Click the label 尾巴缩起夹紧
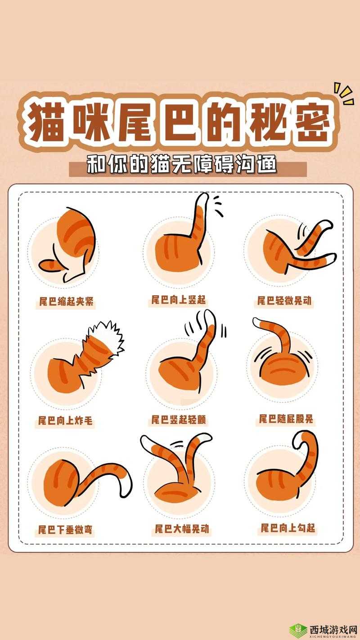click(66, 302)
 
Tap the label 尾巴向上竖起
click(179, 300)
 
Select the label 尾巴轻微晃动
click(284, 301)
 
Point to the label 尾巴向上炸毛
click(65, 420)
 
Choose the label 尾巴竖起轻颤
click(179, 420)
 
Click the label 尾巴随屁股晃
click(286, 419)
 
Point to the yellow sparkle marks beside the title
click(344, 94)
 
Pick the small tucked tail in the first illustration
click(51, 265)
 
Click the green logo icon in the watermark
click(298, 629)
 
